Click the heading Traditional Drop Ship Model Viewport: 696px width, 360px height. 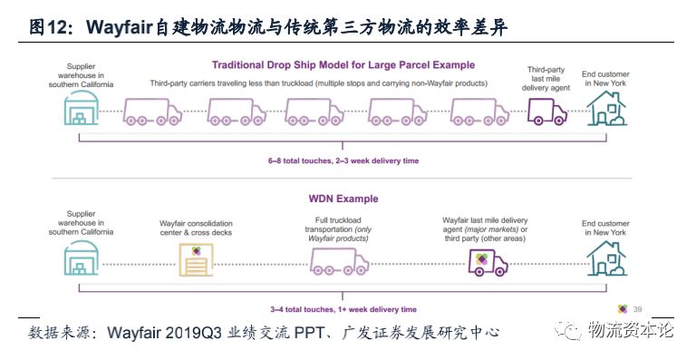pyautogui.click(x=343, y=64)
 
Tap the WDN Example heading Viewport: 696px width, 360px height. pyautogui.click(x=343, y=199)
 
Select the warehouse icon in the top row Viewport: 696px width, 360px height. pyautogui.click(x=79, y=113)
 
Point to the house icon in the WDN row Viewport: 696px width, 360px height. pyautogui.click(x=604, y=257)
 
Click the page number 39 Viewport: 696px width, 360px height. pyautogui.click(x=637, y=308)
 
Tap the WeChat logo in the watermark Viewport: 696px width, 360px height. pyautogui.click(x=571, y=333)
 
